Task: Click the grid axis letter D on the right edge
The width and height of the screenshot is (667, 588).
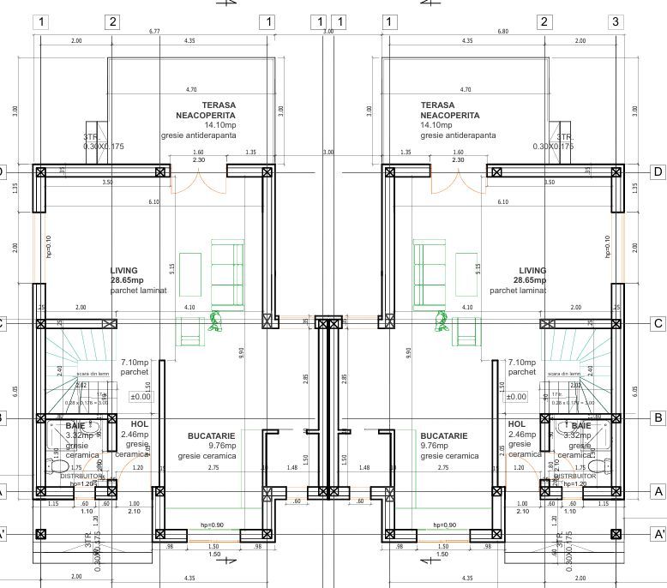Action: pos(658,171)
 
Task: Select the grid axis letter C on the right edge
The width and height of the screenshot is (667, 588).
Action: pos(658,323)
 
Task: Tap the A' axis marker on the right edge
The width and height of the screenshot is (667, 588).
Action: pos(658,534)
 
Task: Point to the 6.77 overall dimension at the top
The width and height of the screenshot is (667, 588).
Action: pos(154,31)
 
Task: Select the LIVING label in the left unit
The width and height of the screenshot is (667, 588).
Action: pos(123,270)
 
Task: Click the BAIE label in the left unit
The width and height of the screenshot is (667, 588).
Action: pos(75,425)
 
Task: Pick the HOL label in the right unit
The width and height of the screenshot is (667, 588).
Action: pos(516,423)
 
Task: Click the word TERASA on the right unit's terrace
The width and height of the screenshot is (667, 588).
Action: pos(438,105)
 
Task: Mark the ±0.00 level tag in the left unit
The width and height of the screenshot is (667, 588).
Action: pos(140,397)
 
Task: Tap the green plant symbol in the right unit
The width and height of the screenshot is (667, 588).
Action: pos(442,321)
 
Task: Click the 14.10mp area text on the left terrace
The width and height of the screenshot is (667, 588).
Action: pos(195,125)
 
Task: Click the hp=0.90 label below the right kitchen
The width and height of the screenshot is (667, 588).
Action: pos(443,525)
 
